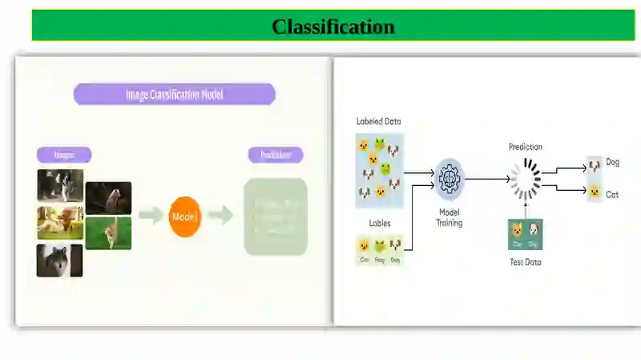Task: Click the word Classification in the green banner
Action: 333,26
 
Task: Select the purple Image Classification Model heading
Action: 175,95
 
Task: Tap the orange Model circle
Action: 185,216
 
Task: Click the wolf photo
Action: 59,261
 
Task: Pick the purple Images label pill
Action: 64,155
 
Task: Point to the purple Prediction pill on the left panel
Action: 276,155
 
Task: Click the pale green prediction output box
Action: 276,216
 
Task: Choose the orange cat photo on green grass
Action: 108,233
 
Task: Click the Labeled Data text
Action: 378,122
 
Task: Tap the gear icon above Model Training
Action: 450,178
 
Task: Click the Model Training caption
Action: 450,217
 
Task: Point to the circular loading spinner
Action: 526,178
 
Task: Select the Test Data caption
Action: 526,262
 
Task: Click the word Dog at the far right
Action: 612,163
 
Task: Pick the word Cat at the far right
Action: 612,194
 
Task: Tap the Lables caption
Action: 380,223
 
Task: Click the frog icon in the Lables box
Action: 380,246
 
